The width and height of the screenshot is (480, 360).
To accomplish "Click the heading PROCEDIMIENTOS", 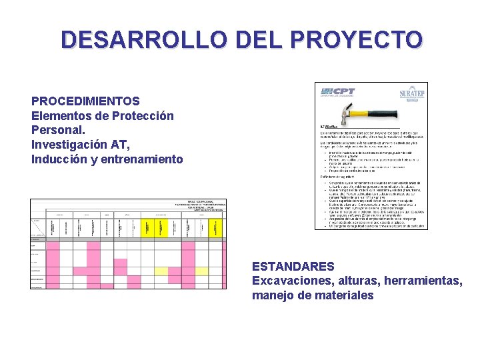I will pyautogui.click(x=85, y=101).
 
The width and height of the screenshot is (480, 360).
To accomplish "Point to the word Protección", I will pyautogui.click(x=141, y=116).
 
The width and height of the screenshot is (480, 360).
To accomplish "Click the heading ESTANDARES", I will pyautogui.click(x=293, y=267).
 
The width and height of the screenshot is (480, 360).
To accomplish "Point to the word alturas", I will pyautogui.click(x=358, y=281).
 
